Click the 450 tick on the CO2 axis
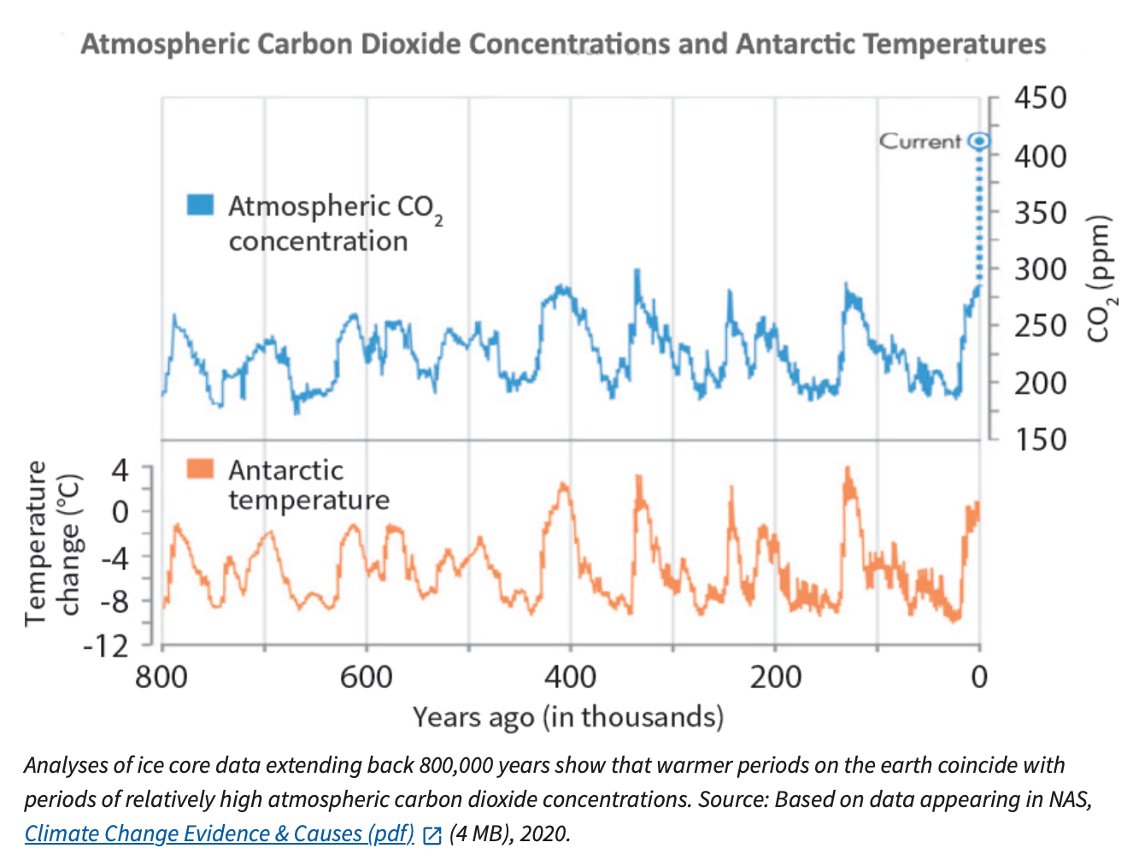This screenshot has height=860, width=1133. tap(1040, 98)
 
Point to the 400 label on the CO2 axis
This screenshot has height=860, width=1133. tap(1040, 156)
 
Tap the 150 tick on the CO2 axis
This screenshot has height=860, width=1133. tap(1040, 439)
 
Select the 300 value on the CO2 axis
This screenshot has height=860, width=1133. tap(1040, 269)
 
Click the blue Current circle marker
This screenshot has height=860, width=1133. tap(980, 141)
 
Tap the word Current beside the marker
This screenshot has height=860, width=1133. tap(920, 141)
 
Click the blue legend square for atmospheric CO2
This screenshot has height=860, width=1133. tap(200, 205)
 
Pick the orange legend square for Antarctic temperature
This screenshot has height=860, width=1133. tap(200, 468)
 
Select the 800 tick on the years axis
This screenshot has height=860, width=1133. tap(161, 677)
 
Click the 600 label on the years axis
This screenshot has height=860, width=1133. tap(366, 677)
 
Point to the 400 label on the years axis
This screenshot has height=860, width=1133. tap(570, 677)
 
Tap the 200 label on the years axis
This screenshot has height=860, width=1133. tap(775, 677)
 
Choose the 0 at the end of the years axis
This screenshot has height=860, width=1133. tap(979, 677)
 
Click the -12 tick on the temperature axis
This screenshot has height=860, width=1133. tap(105, 645)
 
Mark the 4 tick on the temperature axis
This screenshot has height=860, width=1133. tap(120, 469)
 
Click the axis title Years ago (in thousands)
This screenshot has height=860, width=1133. tap(568, 716)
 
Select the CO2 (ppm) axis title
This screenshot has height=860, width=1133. tap(1101, 278)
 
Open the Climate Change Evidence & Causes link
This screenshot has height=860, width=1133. tap(219, 833)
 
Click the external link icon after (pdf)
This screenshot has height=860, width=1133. tap(432, 835)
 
